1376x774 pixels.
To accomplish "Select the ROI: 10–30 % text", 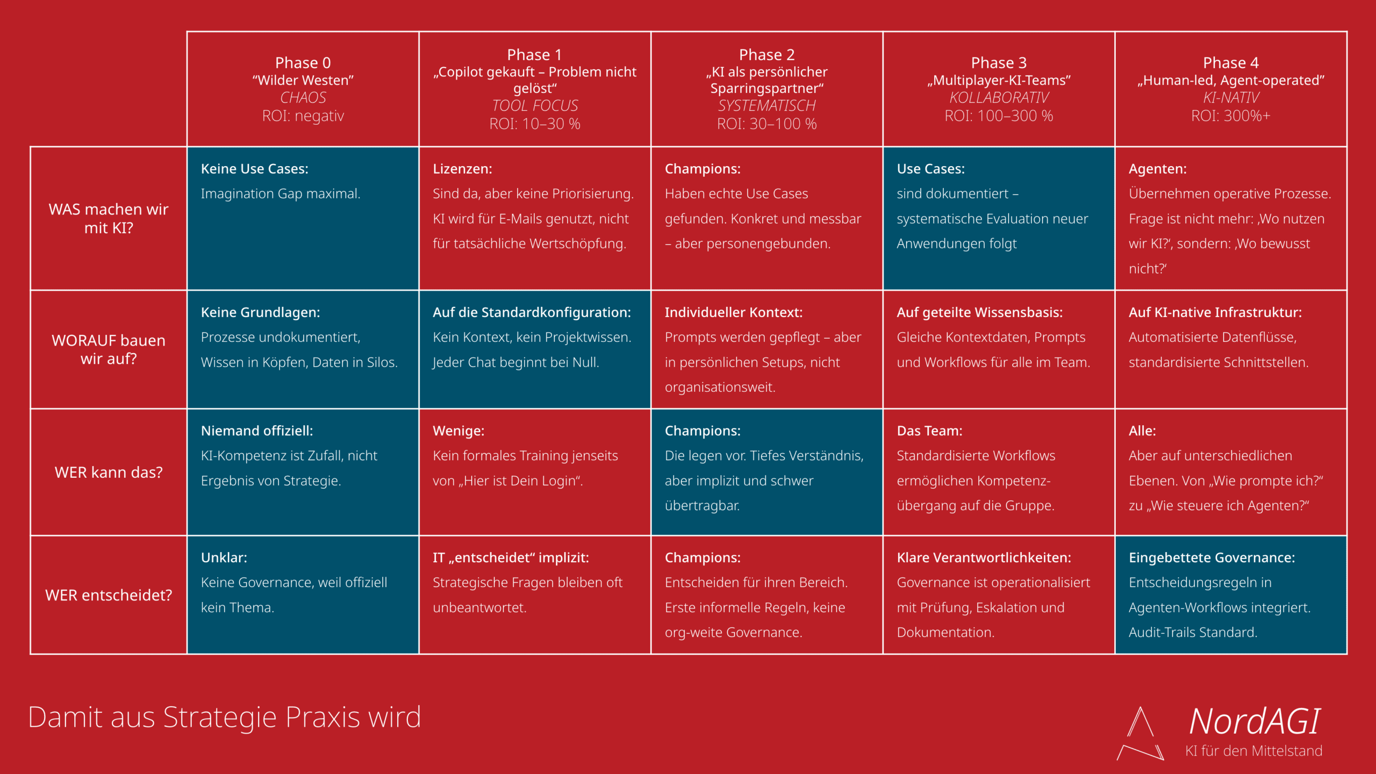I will (x=535, y=124).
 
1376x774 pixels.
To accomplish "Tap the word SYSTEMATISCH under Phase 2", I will (x=766, y=106).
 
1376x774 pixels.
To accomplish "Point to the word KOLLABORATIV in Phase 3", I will (x=999, y=98).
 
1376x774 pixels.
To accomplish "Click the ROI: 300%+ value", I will (x=1230, y=116).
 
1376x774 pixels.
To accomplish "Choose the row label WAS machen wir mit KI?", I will (x=109, y=218).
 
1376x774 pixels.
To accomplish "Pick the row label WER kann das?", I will (x=109, y=472).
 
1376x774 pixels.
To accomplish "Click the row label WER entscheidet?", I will (x=109, y=595).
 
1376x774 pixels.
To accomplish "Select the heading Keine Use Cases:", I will (x=255, y=169).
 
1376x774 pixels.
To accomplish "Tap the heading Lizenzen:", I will (x=462, y=169).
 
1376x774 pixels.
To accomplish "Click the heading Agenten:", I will (x=1157, y=169).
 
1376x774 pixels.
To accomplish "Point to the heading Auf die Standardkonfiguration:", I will (x=532, y=312).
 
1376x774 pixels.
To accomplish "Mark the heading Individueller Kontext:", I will (x=733, y=312).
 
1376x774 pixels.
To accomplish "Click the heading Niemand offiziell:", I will (x=257, y=431).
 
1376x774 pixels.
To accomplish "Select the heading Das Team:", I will (x=929, y=431).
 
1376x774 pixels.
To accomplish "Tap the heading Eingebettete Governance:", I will (x=1212, y=557).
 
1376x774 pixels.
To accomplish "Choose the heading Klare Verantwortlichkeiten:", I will (x=984, y=557).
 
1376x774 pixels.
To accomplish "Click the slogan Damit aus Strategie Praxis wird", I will (x=224, y=718).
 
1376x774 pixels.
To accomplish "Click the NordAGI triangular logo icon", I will (x=1140, y=734).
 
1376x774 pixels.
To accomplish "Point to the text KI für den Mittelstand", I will (x=1253, y=751).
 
